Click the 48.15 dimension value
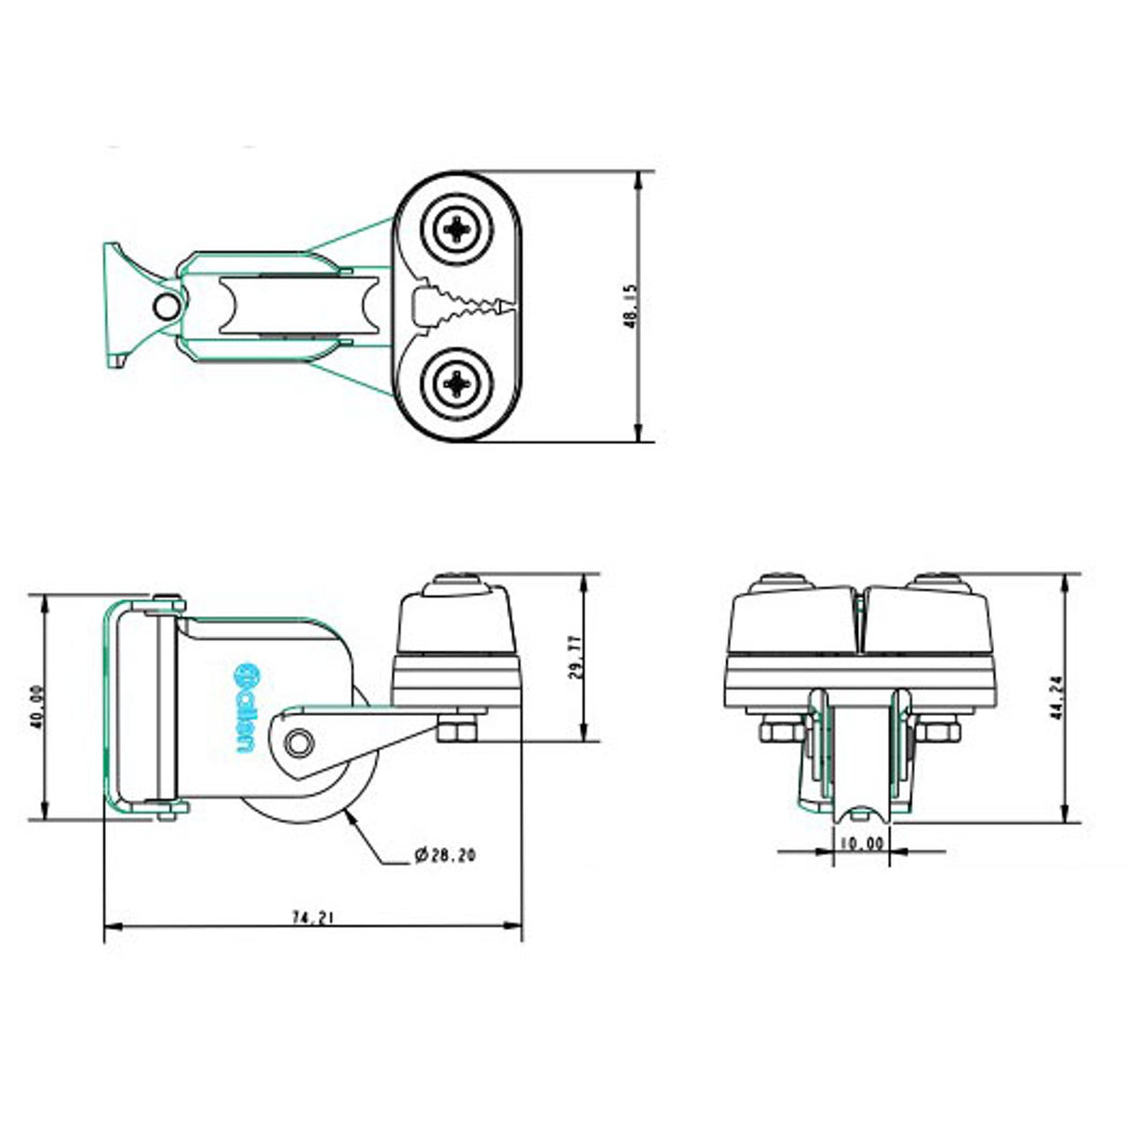630,306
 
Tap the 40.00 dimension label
38,706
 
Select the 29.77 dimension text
575,656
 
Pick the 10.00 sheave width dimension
861,844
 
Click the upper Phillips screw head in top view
457,229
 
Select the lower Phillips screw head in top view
457,383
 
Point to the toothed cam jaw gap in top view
464,306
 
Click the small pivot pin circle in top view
166,305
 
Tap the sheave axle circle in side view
299,744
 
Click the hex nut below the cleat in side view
458,731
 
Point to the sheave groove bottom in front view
861,813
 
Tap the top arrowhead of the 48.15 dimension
638,180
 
